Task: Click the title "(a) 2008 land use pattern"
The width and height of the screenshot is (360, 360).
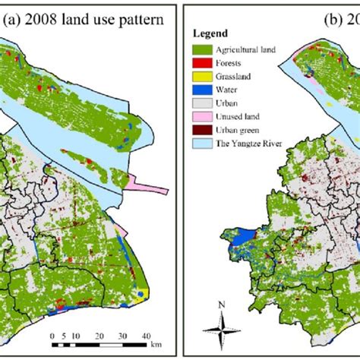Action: click(83, 21)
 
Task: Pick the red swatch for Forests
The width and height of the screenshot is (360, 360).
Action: click(201, 63)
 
